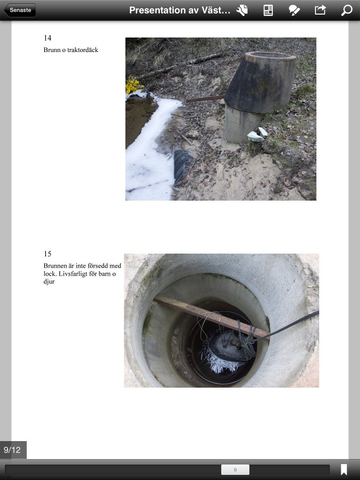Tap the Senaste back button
tap(20, 10)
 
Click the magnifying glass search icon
tap(346, 10)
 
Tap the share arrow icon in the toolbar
tap(320, 10)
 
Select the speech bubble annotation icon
tap(294, 10)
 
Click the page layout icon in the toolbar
tap(268, 10)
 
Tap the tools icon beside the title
tap(242, 10)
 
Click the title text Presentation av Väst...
tap(180, 10)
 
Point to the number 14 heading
tap(47, 38)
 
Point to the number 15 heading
tap(47, 254)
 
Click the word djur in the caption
tap(49, 282)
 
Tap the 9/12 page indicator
tap(13, 450)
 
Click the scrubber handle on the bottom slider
tap(235, 470)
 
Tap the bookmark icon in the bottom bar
tap(344, 470)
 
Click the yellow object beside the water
tap(134, 84)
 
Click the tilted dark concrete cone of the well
tap(260, 82)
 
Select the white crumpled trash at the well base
tap(257, 135)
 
